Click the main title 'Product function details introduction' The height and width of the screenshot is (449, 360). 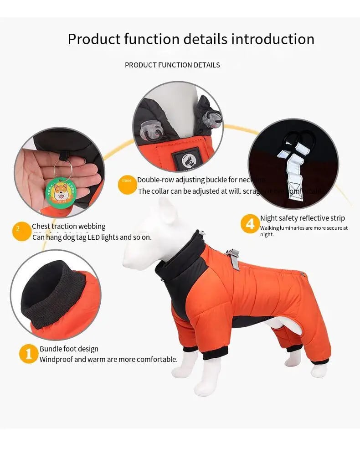pyautogui.click(x=191, y=39)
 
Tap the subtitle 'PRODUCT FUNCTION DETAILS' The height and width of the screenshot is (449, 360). pyautogui.click(x=172, y=65)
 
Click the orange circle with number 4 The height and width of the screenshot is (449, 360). pyautogui.click(x=250, y=224)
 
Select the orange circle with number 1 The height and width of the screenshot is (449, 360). pyautogui.click(x=28, y=353)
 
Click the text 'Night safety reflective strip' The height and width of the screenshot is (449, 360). pyautogui.click(x=303, y=218)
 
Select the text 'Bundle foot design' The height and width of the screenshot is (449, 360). pyautogui.click(x=69, y=349)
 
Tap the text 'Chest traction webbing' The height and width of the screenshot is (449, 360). pyautogui.click(x=68, y=226)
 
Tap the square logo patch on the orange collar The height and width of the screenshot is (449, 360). pyautogui.click(x=186, y=158)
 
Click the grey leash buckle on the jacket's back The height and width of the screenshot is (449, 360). pyautogui.click(x=234, y=259)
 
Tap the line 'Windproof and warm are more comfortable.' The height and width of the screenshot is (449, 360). pyautogui.click(x=108, y=359)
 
